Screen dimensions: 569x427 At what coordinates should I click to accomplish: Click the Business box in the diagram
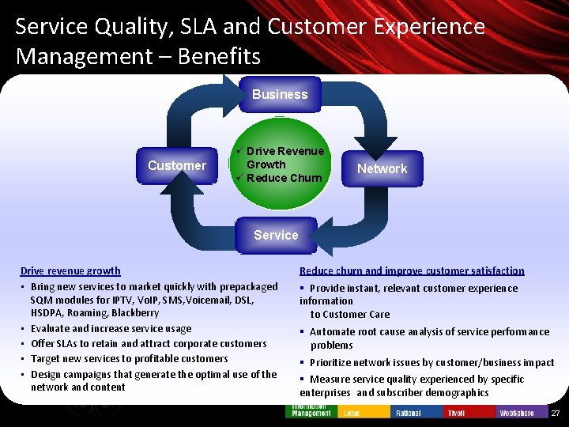click(280, 95)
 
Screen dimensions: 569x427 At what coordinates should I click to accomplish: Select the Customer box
click(177, 165)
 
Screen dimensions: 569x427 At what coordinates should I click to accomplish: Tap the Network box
click(382, 168)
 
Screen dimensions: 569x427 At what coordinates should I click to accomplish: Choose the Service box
click(276, 235)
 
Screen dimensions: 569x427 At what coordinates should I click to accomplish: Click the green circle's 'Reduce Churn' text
click(284, 178)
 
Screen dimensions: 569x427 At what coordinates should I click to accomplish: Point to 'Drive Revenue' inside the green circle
click(284, 151)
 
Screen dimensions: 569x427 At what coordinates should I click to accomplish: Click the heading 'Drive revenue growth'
click(70, 270)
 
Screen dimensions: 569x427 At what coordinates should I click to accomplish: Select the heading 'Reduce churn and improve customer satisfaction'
click(412, 270)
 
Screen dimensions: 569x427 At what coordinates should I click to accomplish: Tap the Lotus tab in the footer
click(352, 413)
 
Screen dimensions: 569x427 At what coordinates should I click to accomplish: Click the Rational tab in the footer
click(408, 413)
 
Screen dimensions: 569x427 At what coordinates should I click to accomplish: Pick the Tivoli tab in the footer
click(456, 413)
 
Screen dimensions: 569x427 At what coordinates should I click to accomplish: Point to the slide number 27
click(555, 414)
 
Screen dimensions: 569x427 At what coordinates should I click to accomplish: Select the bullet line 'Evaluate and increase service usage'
click(111, 328)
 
